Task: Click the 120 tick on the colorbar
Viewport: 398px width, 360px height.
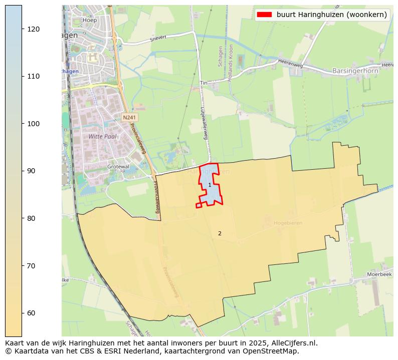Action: pos(22,29)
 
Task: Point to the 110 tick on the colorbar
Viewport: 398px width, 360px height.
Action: pos(22,76)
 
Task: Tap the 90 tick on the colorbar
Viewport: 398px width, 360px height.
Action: pos(22,171)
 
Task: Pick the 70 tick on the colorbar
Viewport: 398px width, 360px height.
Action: pos(22,265)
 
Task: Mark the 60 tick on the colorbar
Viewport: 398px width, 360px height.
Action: pos(22,313)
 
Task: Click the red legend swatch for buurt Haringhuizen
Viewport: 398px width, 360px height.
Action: pos(264,15)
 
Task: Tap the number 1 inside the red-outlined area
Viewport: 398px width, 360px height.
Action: pos(210,185)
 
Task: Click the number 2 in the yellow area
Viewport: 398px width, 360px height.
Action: pos(220,233)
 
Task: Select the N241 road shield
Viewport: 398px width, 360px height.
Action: pos(129,117)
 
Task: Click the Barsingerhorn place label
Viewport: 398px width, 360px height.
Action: pos(354,71)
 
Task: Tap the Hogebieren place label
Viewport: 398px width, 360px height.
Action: pos(288,223)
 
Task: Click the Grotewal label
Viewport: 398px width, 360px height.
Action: pos(118,167)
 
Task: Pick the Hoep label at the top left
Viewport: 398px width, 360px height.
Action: pos(90,20)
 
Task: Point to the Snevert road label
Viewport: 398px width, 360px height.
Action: pos(157,39)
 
